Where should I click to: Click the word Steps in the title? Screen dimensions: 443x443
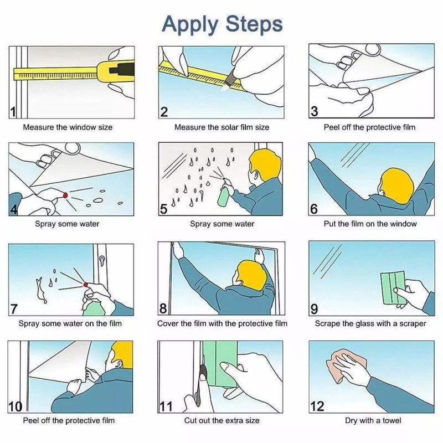tap(254, 24)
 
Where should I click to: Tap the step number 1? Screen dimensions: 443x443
tap(13, 112)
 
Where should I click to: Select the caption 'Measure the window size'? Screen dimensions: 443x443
tap(68, 127)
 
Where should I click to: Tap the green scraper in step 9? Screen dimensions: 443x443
tap(393, 288)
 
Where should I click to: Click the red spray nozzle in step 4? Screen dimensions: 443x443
tap(65, 195)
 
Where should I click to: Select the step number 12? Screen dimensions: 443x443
tap(317, 406)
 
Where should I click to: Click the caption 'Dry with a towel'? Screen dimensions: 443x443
tap(373, 420)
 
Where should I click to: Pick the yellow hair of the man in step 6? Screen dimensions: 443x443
tap(397, 182)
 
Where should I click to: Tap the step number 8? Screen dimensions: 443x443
tap(163, 308)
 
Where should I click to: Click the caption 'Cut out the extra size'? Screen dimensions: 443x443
tap(222, 420)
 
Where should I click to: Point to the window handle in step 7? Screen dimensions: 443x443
tap(101, 260)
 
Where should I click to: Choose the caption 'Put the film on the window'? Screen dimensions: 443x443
tap(370, 224)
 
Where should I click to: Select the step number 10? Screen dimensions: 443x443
tap(15, 407)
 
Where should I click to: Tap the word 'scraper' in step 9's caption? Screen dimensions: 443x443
tap(413, 323)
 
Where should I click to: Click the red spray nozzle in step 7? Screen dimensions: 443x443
tap(86, 284)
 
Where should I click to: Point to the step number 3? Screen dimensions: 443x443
tap(314, 111)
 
